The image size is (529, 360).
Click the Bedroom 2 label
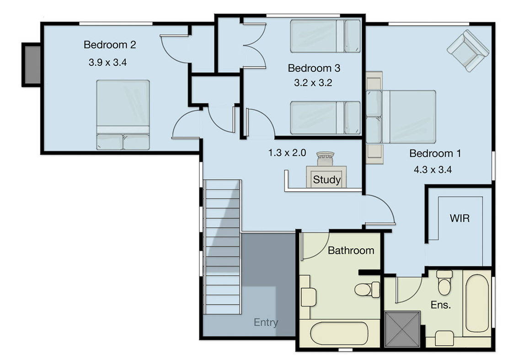click(x=110, y=45)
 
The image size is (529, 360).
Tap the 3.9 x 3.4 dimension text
click(x=107, y=62)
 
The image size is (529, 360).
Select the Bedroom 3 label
click(x=314, y=68)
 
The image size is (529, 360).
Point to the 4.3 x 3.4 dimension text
click(x=433, y=170)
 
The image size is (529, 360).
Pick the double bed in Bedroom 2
click(x=123, y=114)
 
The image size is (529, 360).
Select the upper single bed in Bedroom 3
click(x=325, y=36)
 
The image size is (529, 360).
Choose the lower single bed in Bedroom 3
click(x=325, y=118)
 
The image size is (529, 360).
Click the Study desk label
click(x=326, y=180)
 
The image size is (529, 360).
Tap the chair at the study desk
click(x=326, y=159)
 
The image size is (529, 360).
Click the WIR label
click(x=460, y=218)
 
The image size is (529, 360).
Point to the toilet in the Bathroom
click(x=368, y=289)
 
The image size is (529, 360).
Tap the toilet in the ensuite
click(x=444, y=283)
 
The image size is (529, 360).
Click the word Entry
click(x=266, y=322)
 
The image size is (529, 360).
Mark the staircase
click(x=222, y=247)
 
